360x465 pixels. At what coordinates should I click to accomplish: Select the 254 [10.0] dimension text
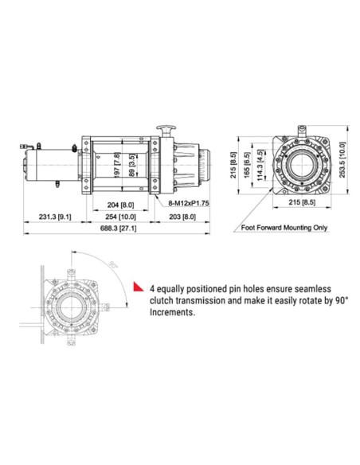[x=120, y=216]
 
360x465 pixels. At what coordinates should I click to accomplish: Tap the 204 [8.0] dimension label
[x=120, y=204]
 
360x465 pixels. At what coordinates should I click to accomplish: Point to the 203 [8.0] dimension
[x=182, y=216]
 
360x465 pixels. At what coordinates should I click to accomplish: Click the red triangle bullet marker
[x=136, y=286]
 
